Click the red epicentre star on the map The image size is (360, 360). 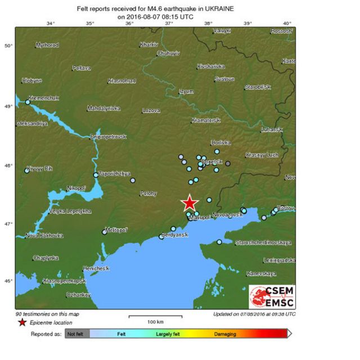click(190, 202)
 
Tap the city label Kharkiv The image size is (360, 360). click(148, 43)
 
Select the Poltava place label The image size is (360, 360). click(82, 68)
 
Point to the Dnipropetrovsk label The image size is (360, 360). click(109, 137)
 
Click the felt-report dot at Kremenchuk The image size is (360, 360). click(28, 102)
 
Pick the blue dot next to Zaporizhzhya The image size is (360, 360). click(96, 175)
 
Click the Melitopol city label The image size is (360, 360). click(117, 229)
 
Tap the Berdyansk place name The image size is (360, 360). click(174, 235)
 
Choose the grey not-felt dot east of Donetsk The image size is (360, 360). click(228, 164)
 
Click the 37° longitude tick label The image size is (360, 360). click(169, 23)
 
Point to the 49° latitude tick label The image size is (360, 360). click(9, 106)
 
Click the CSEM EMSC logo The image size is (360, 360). click(272, 296)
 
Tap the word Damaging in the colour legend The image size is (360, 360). click(225, 334)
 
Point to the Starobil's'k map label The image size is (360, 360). click(258, 87)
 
